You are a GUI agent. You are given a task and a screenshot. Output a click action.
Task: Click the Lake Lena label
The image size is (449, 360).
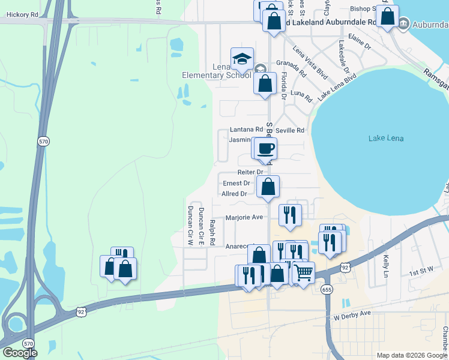click(x=386, y=139)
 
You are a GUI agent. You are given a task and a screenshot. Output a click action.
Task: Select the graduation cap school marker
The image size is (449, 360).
click(x=242, y=59)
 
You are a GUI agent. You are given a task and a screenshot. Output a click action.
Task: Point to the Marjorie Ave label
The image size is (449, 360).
click(x=244, y=217)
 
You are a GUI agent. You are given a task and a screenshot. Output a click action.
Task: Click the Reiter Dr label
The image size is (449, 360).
click(x=250, y=172)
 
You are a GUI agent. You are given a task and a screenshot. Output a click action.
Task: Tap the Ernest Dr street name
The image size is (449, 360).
click(x=237, y=183)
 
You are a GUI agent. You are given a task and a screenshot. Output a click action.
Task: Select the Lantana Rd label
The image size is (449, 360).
click(x=246, y=130)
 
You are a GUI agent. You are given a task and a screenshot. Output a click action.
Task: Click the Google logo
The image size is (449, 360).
click(x=20, y=352)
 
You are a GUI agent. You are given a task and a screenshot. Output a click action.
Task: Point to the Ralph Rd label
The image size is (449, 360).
click(x=212, y=232)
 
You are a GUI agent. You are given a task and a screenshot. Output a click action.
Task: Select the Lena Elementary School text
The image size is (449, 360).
click(x=217, y=71)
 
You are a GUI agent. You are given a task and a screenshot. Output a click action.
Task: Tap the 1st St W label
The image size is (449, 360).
click(x=422, y=273)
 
